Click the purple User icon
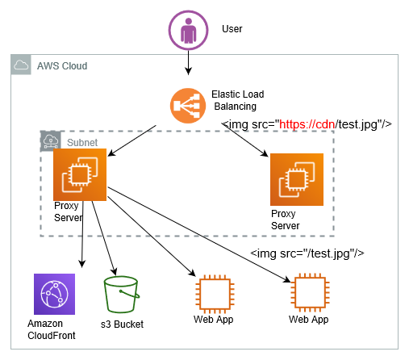[x=188, y=30]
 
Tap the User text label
[x=232, y=29]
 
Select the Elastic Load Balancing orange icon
[x=188, y=106]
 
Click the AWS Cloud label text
[x=62, y=66]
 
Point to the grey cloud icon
[x=21, y=65]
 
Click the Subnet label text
[x=82, y=143]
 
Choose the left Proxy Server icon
[x=80, y=174]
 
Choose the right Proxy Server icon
[x=297, y=179]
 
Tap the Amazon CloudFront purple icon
[x=54, y=294]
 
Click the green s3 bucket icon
[x=122, y=295]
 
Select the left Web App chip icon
[x=215, y=295]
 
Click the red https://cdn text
[x=307, y=124]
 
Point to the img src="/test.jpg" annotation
[x=307, y=253]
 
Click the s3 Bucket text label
[x=122, y=324]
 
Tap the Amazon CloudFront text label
[x=52, y=329]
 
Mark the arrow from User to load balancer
[x=188, y=63]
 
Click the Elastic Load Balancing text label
[x=238, y=100]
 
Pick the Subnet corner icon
[x=51, y=141]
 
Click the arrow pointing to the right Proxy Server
[x=245, y=140]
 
